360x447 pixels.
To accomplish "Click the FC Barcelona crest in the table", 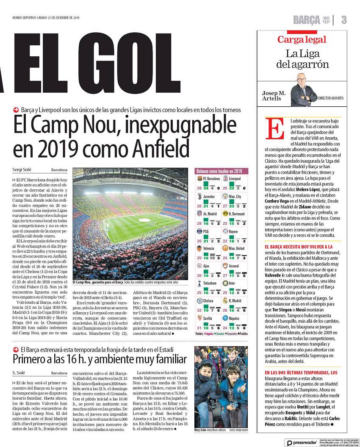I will pos(199,179).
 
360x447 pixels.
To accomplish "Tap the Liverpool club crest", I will pos(225,179).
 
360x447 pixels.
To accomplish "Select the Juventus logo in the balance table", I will pos(199,197).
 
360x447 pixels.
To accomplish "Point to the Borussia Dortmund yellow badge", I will pos(225,214).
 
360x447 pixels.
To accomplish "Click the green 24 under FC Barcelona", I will pos(206,188).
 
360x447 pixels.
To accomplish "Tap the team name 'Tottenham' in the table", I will pos(210,283).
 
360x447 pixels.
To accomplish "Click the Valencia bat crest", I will pos(199,248).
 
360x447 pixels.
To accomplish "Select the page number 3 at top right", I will pos(343,19).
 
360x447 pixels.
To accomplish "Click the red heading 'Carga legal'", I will pos(302,40).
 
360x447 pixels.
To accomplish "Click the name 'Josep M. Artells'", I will pos(274,96).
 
